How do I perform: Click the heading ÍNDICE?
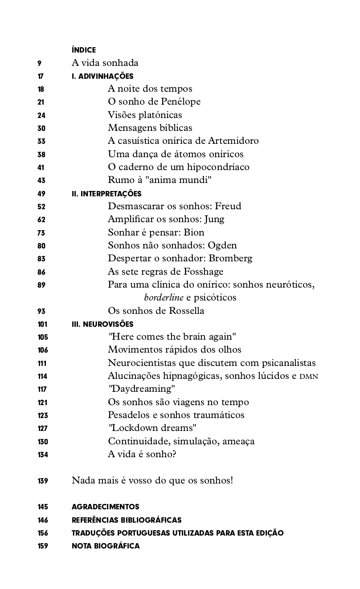tap(84, 50)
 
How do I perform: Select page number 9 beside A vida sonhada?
tap(40, 63)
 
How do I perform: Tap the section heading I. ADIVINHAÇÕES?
tap(102, 77)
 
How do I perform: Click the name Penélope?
tap(180, 102)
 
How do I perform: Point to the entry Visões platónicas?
tap(145, 115)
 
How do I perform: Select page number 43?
tap(41, 180)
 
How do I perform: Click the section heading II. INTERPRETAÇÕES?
tap(106, 194)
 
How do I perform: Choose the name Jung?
tap(214, 219)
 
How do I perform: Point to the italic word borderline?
tap(164, 297)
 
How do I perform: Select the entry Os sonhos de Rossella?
tap(156, 310)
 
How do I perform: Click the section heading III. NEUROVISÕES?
tap(102, 324)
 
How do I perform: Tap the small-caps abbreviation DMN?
tap(309, 376)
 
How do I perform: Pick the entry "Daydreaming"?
tap(142, 389)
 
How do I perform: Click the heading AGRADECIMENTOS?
tap(105, 507)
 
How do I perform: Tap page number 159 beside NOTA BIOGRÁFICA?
tap(43, 546)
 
